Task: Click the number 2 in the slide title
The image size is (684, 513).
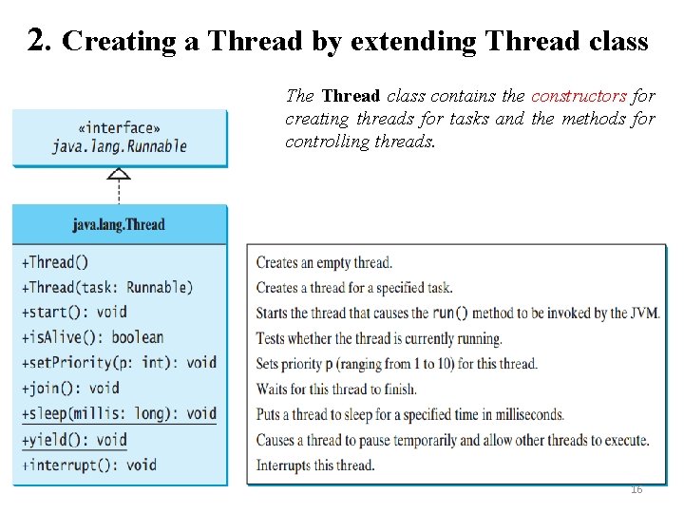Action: pyautogui.click(x=37, y=40)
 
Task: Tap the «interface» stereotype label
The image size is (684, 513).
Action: pyautogui.click(x=119, y=128)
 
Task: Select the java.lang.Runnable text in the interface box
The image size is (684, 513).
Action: pyautogui.click(x=119, y=146)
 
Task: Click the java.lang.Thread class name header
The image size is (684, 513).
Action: pyautogui.click(x=119, y=225)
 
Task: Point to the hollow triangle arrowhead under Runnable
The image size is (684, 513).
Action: pyautogui.click(x=119, y=174)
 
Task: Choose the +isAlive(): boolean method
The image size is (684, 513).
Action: pyautogui.click(x=92, y=337)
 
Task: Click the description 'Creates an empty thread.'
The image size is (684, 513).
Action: pyautogui.click(x=324, y=263)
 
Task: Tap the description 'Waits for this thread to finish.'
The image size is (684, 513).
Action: pyautogui.click(x=336, y=389)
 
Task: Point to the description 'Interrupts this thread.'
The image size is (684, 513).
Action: pyautogui.click(x=315, y=465)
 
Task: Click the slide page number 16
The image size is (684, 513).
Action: pyautogui.click(x=636, y=489)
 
